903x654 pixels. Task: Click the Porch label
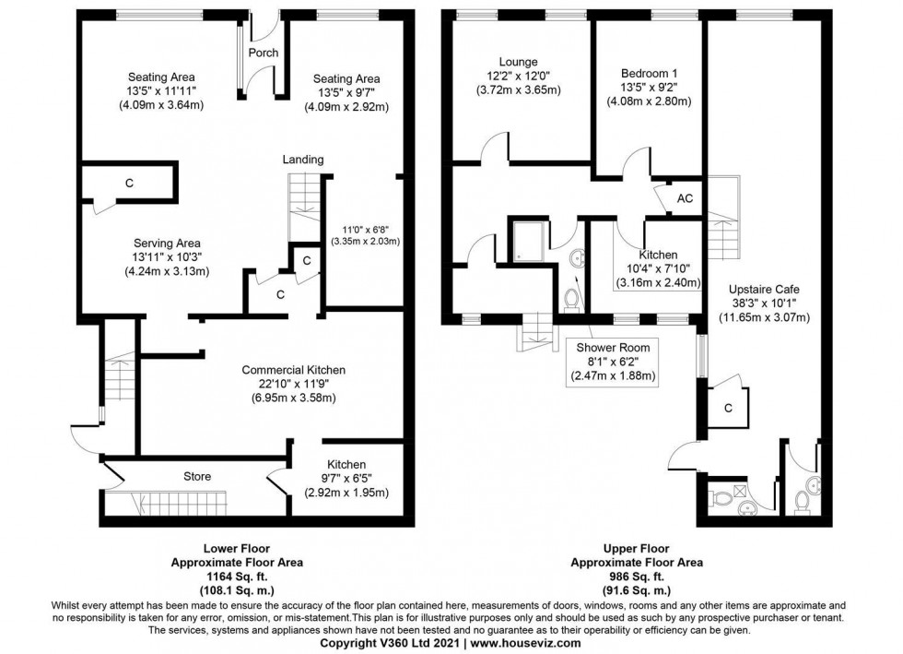click(x=264, y=53)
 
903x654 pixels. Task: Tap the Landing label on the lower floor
click(x=303, y=160)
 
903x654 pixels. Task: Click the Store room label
click(x=197, y=477)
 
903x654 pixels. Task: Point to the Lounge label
click(x=519, y=62)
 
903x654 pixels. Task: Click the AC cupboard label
click(x=685, y=199)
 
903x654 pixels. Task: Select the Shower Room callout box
click(x=615, y=362)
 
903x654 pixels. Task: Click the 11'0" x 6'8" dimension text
click(x=360, y=228)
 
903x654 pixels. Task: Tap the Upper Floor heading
click(x=637, y=548)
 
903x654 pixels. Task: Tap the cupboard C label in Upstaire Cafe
click(x=728, y=408)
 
